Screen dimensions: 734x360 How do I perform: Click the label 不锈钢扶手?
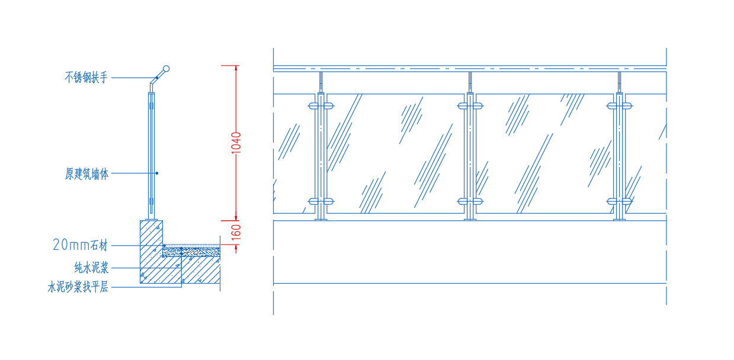pyautogui.click(x=86, y=78)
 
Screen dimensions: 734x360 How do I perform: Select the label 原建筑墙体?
pyautogui.click(x=86, y=173)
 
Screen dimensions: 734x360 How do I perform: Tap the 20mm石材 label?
pyautogui.click(x=80, y=245)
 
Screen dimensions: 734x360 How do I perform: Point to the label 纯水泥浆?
pyautogui.click(x=91, y=268)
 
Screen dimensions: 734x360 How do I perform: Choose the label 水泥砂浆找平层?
pyautogui.click(x=78, y=287)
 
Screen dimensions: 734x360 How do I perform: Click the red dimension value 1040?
pyautogui.click(x=236, y=143)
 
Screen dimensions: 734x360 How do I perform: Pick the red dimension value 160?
pyautogui.click(x=236, y=233)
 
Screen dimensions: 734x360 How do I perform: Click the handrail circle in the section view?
pyautogui.click(x=166, y=69)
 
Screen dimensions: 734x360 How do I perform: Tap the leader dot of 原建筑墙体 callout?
pyautogui.click(x=157, y=173)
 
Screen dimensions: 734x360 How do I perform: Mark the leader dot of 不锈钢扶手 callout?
pyautogui.click(x=157, y=78)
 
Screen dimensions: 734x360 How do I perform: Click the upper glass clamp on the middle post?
pyautogui.click(x=470, y=106)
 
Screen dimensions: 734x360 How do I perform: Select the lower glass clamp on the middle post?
pyautogui.click(x=470, y=201)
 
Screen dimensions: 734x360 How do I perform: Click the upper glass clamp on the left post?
pyautogui.click(x=321, y=106)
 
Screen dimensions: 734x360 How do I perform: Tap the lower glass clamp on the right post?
pyautogui.click(x=619, y=201)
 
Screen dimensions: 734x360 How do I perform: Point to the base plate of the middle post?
pyautogui.click(x=470, y=219)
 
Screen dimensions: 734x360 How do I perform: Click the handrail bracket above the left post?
pyautogui.click(x=321, y=82)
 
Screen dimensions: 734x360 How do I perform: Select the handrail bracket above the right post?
pyautogui.click(x=619, y=82)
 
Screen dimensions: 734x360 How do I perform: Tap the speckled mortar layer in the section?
pyautogui.click(x=191, y=252)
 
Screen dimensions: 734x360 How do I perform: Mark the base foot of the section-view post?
pyautogui.click(x=152, y=220)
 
